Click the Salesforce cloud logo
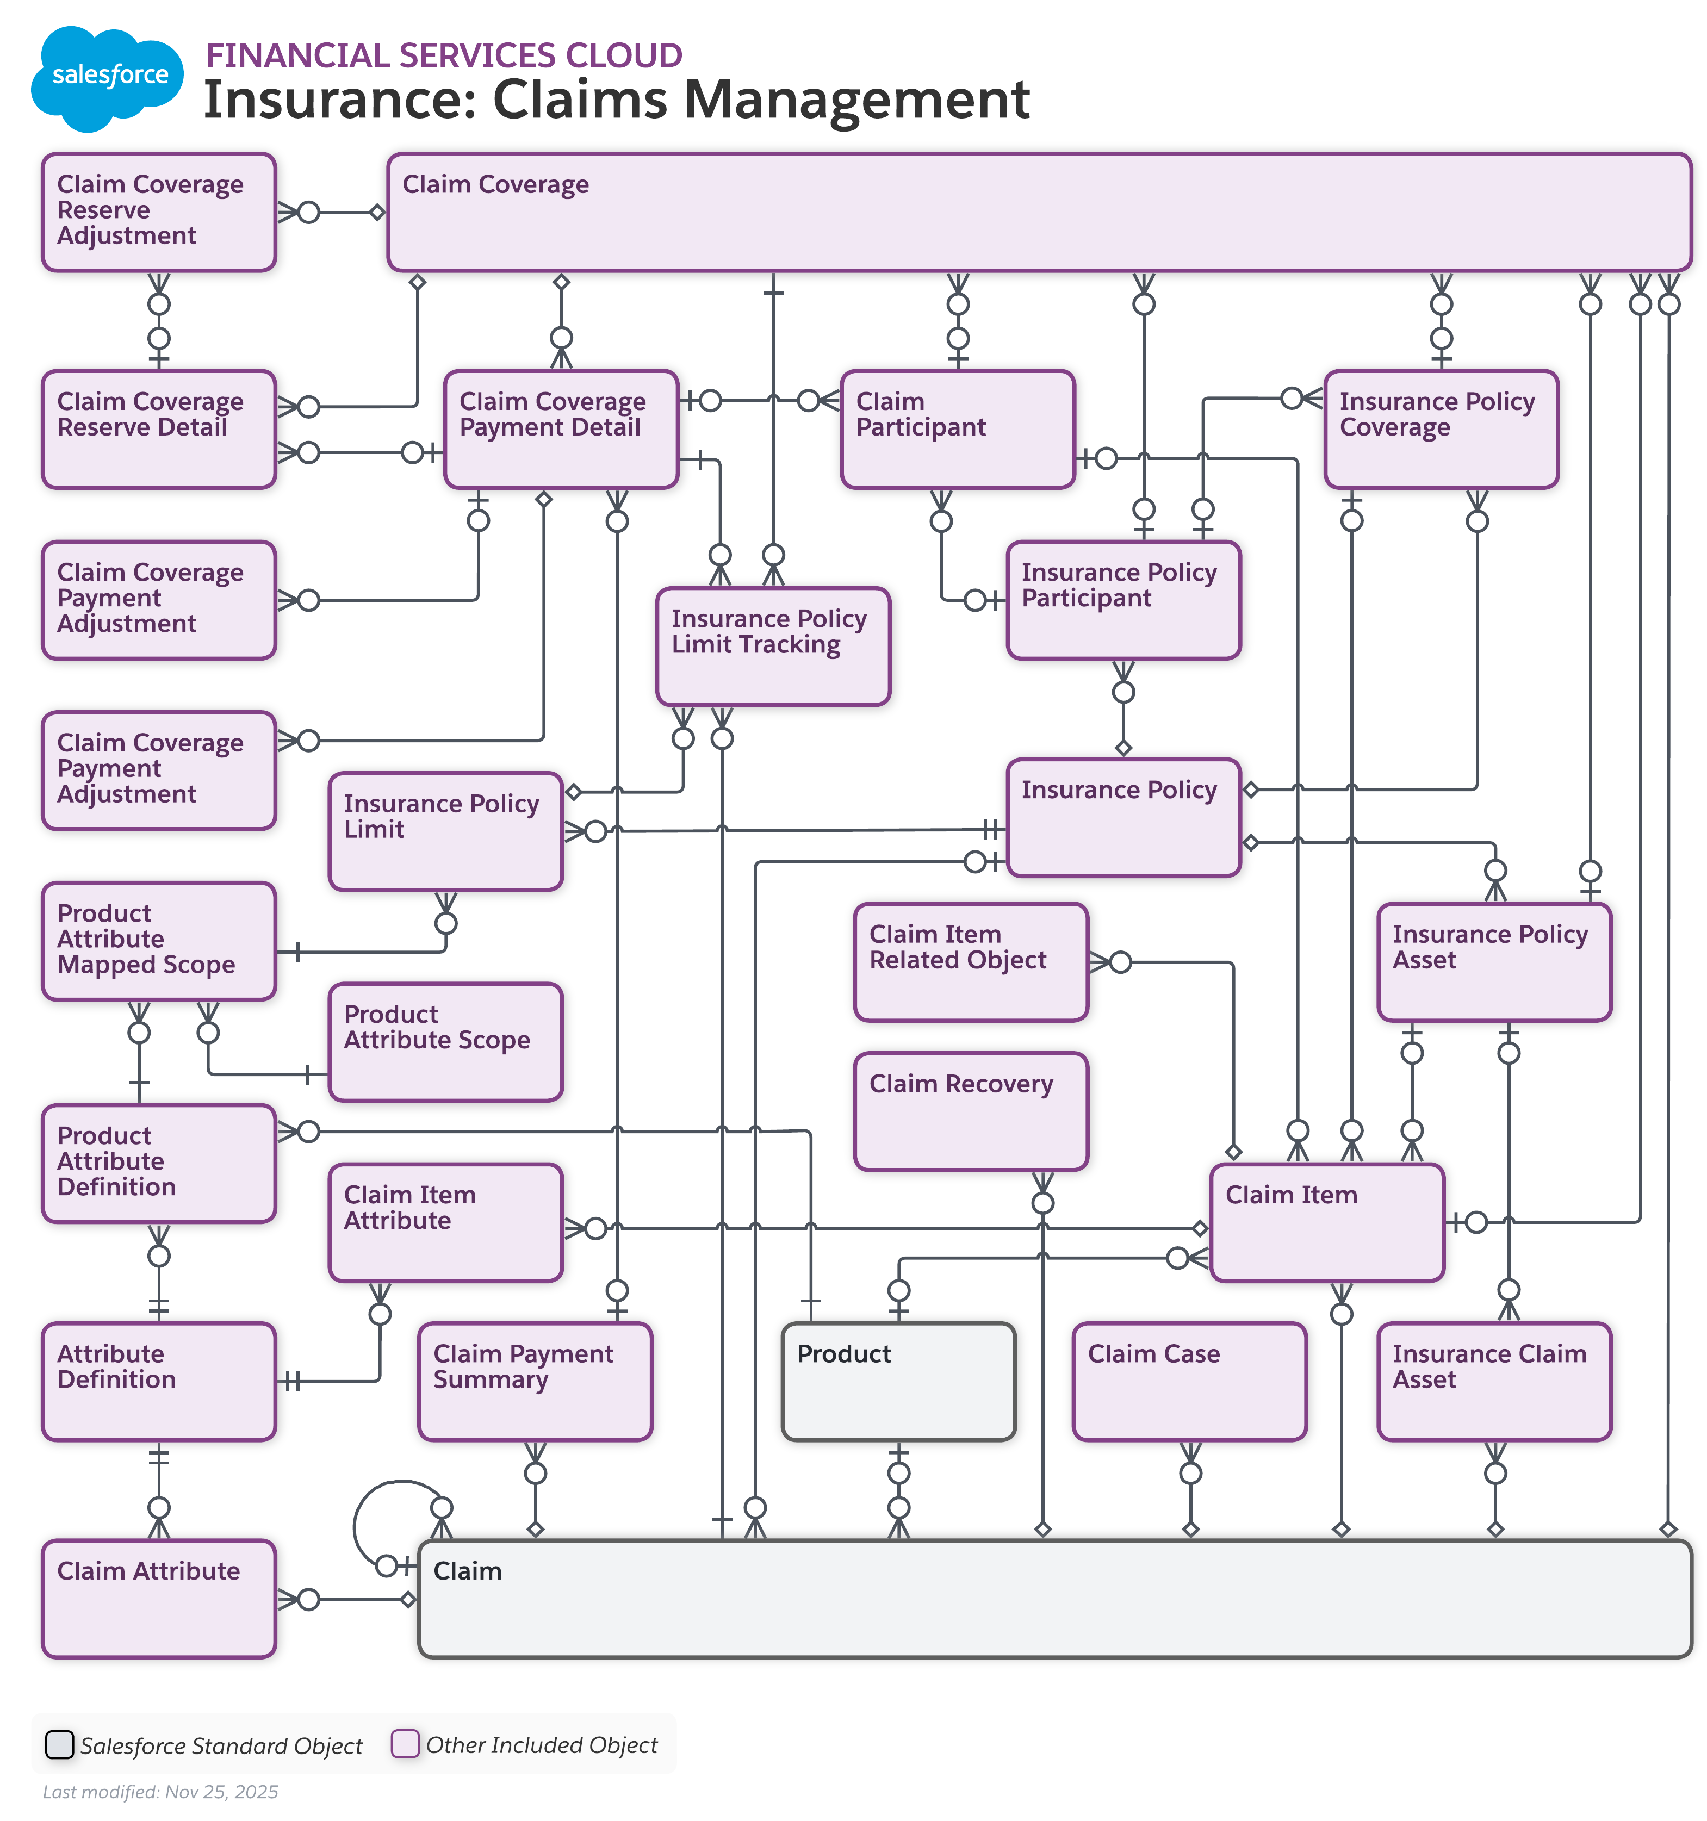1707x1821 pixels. click(x=107, y=77)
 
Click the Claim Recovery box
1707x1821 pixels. click(x=970, y=1111)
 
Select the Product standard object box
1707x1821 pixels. click(x=898, y=1381)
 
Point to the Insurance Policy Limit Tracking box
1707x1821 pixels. click(x=772, y=647)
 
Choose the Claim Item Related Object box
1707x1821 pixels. click(x=970, y=962)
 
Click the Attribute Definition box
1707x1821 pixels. click(x=158, y=1381)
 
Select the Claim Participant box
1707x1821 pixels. click(x=957, y=428)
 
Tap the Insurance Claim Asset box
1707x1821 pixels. click(x=1493, y=1381)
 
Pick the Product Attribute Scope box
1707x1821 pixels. click(x=445, y=1041)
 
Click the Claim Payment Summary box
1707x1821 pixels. click(x=534, y=1381)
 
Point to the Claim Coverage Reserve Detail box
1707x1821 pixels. click(x=158, y=428)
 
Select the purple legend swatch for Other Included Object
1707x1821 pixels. click(x=404, y=1743)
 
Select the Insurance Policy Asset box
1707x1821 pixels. click(x=1493, y=962)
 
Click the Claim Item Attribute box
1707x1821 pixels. click(x=445, y=1222)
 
